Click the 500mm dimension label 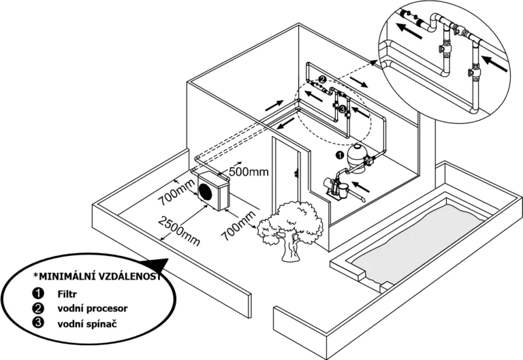pyautogui.click(x=249, y=171)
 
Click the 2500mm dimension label pyautogui.click(x=179, y=231)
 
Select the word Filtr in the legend pyautogui.click(x=67, y=295)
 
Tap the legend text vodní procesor pyautogui.click(x=93, y=309)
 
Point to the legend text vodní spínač pyautogui.click(x=87, y=324)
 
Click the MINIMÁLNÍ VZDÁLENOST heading pyautogui.click(x=97, y=276)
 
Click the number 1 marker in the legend pyautogui.click(x=38, y=294)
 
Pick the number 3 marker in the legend pyautogui.click(x=38, y=323)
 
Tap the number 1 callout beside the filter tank pyautogui.click(x=340, y=154)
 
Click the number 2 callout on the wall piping pyautogui.click(x=322, y=80)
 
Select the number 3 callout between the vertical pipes pyautogui.click(x=343, y=109)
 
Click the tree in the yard pyautogui.click(x=290, y=230)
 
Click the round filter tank pyautogui.click(x=358, y=159)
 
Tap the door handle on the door pyautogui.click(x=296, y=174)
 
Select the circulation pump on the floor pyautogui.click(x=336, y=187)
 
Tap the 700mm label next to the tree pyautogui.click(x=238, y=226)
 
